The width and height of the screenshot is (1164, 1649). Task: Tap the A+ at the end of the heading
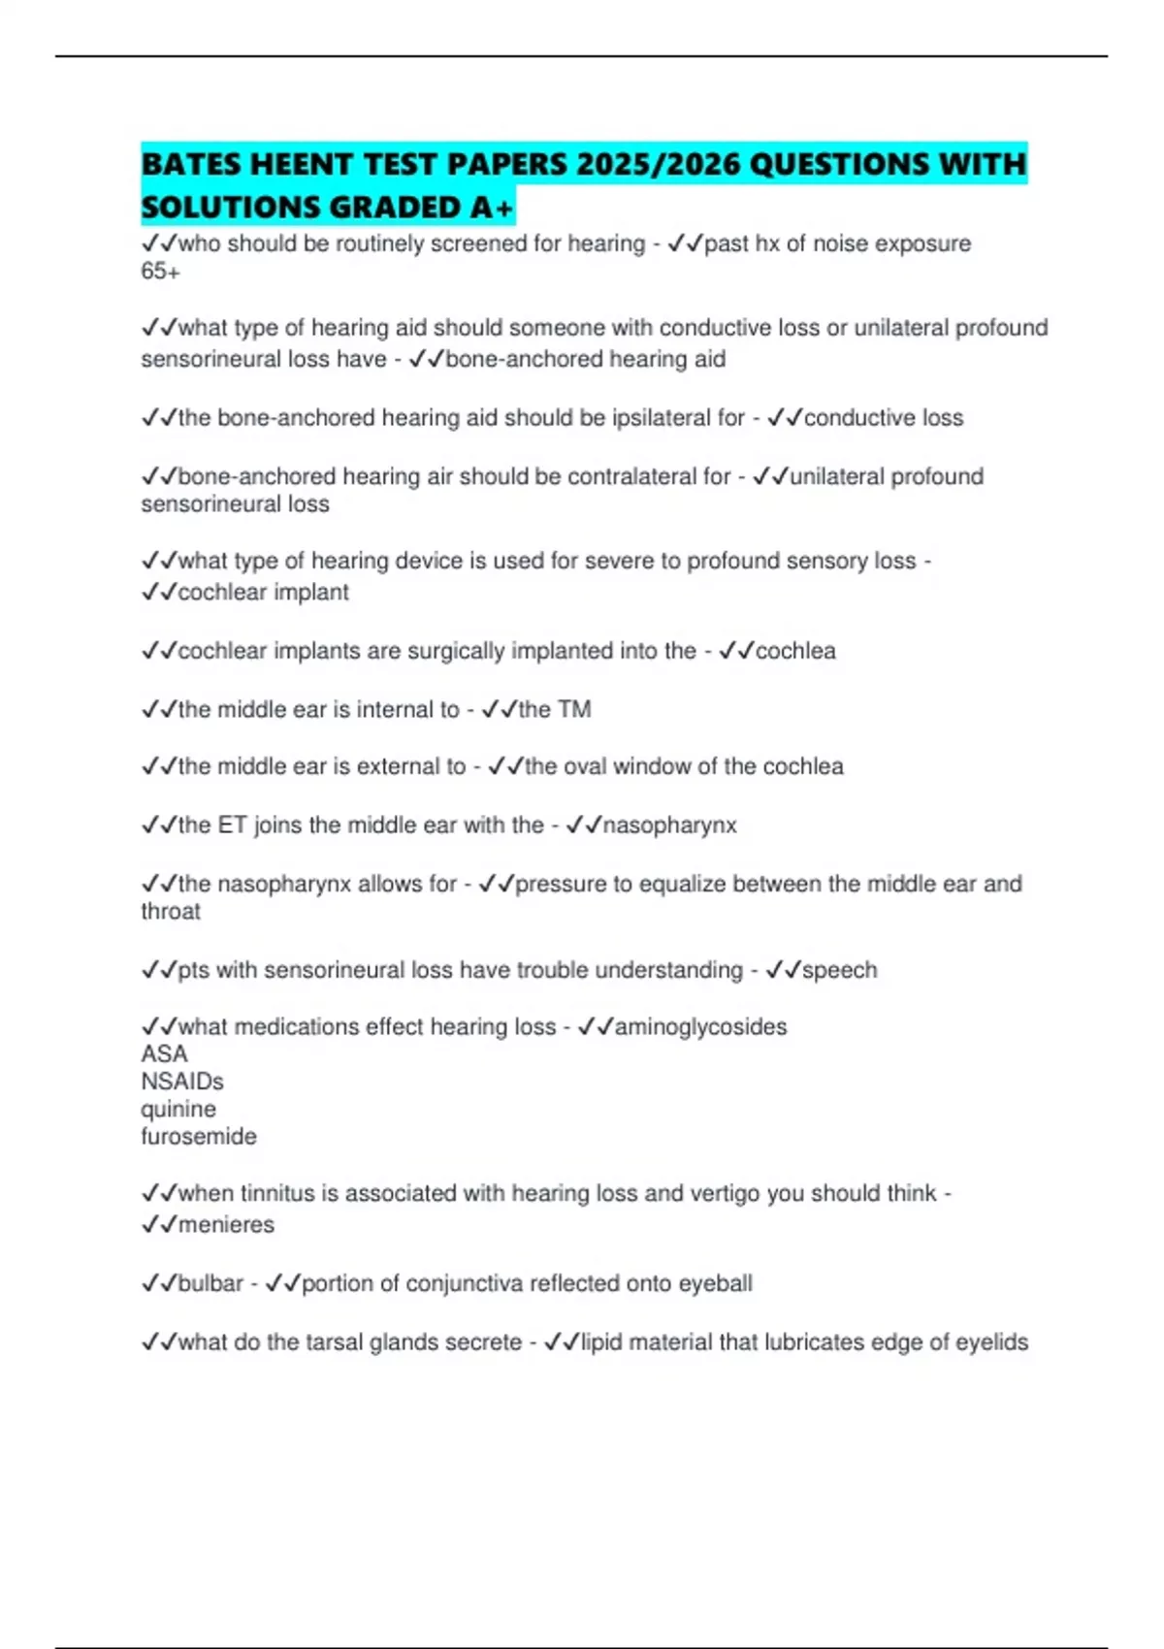click(x=492, y=208)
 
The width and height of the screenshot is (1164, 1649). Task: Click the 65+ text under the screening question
click(x=160, y=272)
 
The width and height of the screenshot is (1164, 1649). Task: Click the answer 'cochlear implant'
click(x=263, y=593)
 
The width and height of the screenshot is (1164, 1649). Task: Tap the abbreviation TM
click(x=574, y=710)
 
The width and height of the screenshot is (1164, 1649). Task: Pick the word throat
click(x=171, y=912)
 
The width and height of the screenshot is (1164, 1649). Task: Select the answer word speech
click(x=839, y=970)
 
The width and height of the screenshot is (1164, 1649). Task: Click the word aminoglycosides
click(x=700, y=1027)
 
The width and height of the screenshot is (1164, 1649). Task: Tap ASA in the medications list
click(x=164, y=1054)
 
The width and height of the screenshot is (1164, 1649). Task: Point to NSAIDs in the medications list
click(x=182, y=1082)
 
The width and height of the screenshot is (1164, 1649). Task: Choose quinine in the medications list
click(x=178, y=1110)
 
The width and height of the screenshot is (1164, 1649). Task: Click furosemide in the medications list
click(x=199, y=1137)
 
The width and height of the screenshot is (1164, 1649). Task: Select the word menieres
click(x=226, y=1225)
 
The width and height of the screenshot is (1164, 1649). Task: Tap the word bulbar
click(x=210, y=1284)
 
